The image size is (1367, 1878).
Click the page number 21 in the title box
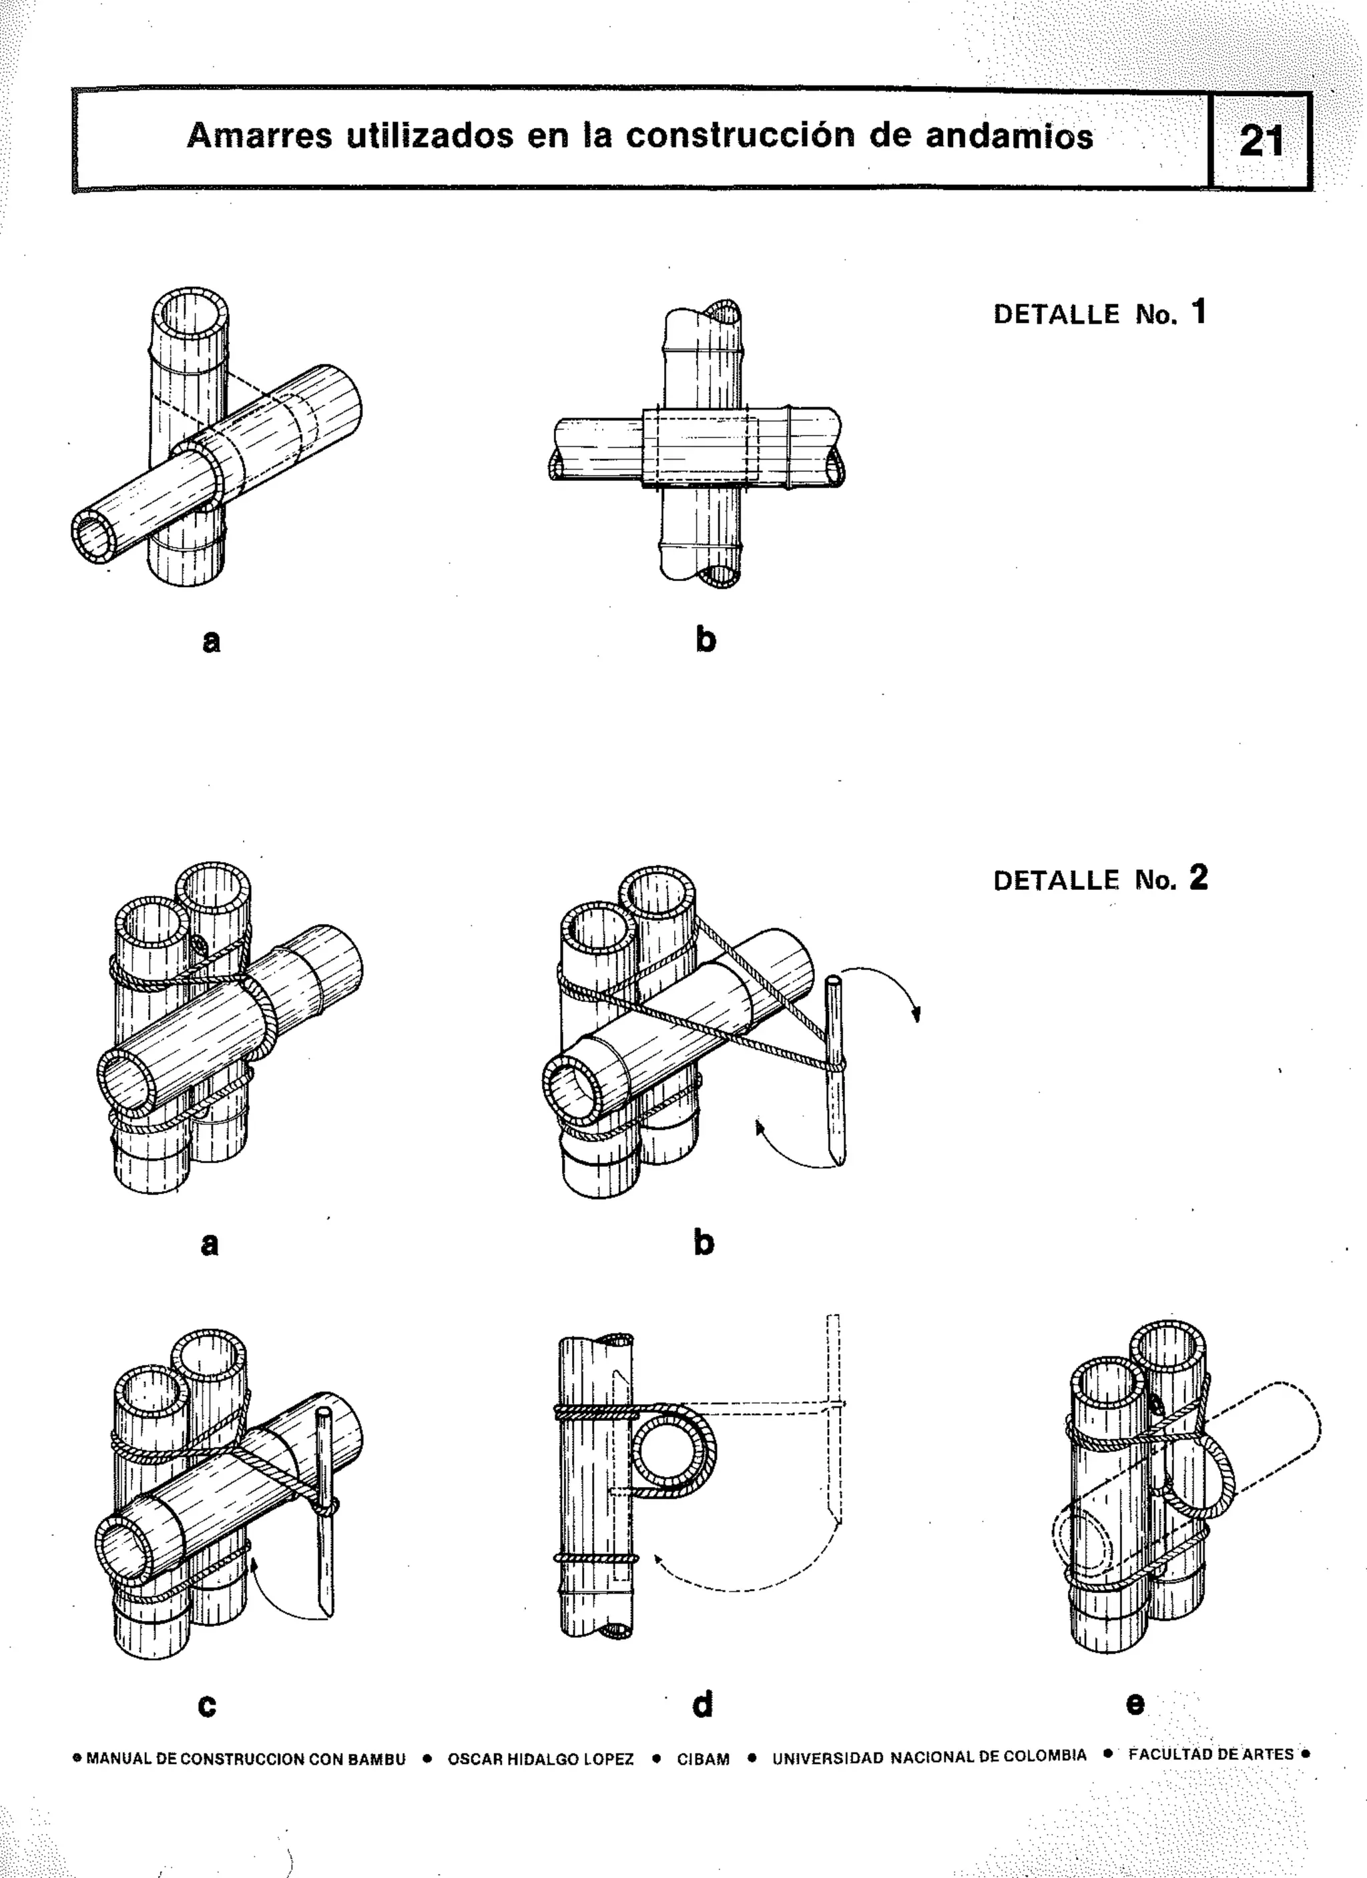point(1260,141)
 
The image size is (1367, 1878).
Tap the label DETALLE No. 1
point(1099,314)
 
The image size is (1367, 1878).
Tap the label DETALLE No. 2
point(1099,879)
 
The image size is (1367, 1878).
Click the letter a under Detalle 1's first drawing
point(212,640)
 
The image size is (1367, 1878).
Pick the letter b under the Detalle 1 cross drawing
point(705,638)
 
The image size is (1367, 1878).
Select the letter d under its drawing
point(702,1703)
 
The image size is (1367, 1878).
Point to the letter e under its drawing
point(1135,1703)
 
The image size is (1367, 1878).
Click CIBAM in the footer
point(703,1759)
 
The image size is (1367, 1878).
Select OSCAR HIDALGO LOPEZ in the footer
point(540,1759)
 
